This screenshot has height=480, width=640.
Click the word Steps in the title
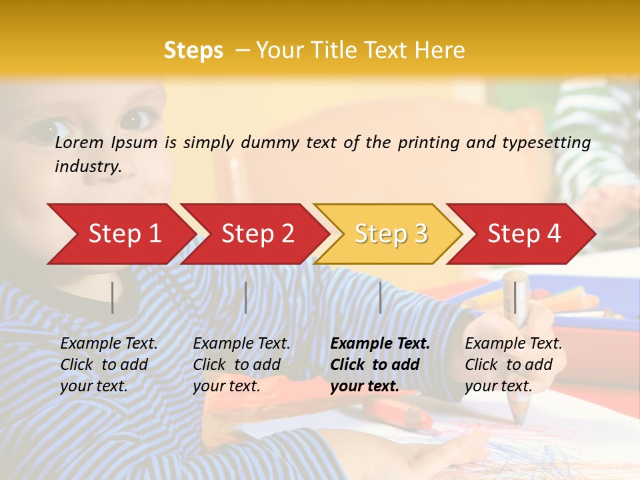(x=193, y=51)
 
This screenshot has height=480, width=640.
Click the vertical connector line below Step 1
(x=113, y=297)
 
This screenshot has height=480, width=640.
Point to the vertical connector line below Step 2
(x=246, y=297)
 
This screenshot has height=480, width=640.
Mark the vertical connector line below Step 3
(x=380, y=297)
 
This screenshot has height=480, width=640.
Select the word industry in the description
(x=87, y=167)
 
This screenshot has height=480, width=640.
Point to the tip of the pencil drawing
(x=519, y=420)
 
